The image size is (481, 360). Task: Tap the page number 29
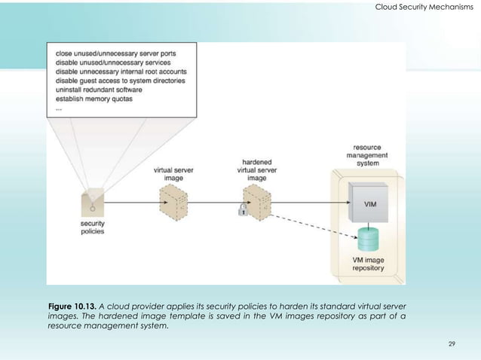(452, 343)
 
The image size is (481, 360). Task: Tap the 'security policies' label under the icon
(93, 227)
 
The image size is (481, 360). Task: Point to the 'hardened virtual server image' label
(258, 170)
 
